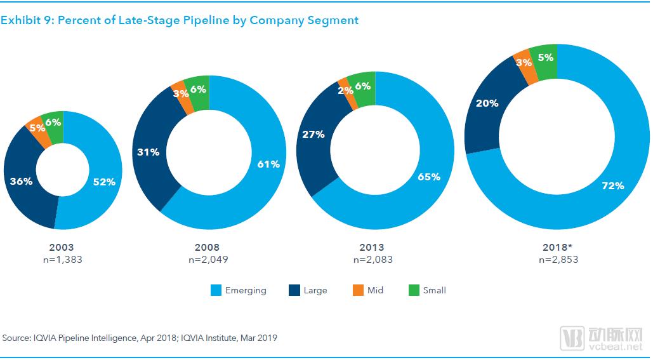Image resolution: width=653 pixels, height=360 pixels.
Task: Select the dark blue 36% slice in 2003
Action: click(21, 181)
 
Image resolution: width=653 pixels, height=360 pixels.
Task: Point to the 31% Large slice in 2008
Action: click(148, 152)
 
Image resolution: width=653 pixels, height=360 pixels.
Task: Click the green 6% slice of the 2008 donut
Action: click(197, 90)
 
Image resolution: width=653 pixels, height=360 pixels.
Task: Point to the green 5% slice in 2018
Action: click(544, 58)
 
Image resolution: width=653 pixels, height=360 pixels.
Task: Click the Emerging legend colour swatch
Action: click(215, 291)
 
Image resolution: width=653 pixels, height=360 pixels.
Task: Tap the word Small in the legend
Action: click(434, 290)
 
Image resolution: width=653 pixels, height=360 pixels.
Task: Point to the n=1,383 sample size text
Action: click(63, 259)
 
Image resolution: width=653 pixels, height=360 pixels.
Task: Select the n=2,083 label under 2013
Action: click(373, 259)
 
